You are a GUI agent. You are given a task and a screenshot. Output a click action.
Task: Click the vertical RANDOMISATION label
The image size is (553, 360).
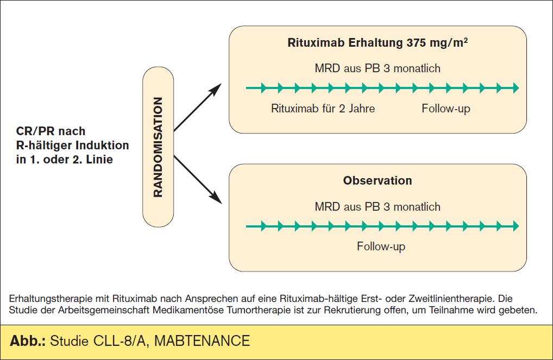click(158, 147)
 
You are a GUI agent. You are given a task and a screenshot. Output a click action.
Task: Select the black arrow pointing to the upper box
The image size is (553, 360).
click(198, 108)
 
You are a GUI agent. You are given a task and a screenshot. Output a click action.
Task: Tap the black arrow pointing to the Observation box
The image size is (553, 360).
click(198, 180)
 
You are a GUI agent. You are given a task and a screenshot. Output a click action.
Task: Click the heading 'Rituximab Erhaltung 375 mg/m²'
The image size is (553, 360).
click(378, 42)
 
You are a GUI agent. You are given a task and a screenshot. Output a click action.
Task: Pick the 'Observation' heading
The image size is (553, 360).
click(378, 180)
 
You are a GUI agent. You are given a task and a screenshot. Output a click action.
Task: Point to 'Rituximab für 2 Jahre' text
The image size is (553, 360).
click(323, 108)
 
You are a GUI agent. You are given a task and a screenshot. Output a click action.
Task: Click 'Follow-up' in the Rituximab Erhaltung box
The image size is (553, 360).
click(446, 109)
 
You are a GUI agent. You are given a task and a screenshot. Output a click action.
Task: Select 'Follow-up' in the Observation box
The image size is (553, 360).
click(381, 246)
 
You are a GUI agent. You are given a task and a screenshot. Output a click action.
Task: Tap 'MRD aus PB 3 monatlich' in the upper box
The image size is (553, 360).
click(378, 68)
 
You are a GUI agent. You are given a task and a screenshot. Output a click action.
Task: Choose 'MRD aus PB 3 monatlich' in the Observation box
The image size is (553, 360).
click(378, 206)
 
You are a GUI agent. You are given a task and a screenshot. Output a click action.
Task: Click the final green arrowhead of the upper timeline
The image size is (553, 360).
click(516, 88)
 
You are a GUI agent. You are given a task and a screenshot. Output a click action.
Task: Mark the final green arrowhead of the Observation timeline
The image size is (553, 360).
click(516, 226)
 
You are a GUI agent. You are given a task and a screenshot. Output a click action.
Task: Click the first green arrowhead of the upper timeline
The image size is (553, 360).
click(263, 88)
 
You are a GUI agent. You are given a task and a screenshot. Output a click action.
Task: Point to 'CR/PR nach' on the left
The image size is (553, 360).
click(51, 131)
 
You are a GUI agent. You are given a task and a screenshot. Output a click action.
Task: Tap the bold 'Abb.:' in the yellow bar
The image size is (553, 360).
click(28, 341)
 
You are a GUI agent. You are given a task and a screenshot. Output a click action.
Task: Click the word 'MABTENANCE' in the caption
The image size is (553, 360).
click(202, 341)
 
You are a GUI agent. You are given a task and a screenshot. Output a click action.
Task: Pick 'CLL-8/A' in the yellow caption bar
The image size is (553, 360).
click(119, 341)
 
